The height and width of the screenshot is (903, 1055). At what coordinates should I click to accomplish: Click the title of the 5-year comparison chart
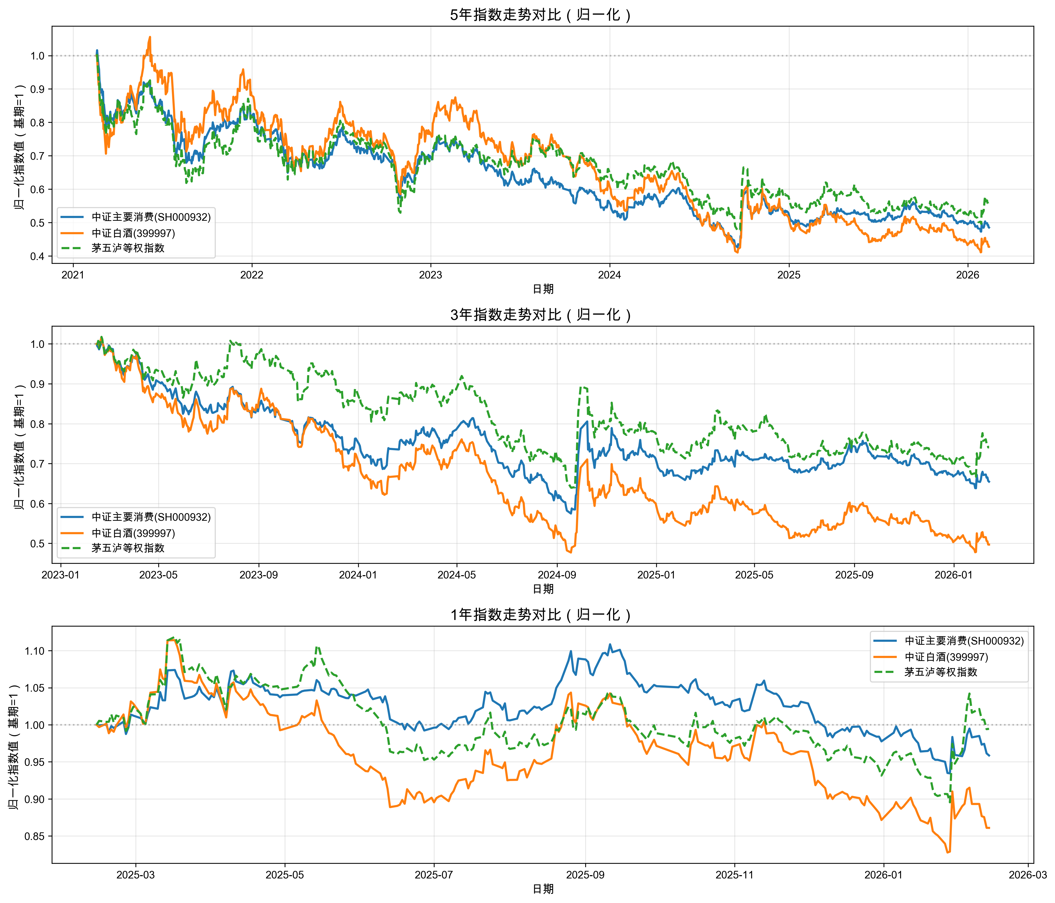(x=542, y=15)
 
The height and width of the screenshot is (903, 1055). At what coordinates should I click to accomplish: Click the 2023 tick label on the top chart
(x=430, y=275)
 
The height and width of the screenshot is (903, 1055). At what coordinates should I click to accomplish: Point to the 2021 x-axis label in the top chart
(x=73, y=275)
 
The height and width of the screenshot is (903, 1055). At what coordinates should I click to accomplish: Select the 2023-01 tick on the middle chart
(x=61, y=575)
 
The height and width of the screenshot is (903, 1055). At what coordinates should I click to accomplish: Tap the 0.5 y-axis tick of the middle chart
(x=38, y=544)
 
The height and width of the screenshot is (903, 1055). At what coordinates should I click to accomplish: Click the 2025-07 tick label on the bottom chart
(x=434, y=875)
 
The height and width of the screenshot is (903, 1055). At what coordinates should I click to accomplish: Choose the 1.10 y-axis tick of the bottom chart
(x=35, y=651)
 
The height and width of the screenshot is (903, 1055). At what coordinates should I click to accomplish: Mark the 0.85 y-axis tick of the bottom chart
(x=35, y=836)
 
